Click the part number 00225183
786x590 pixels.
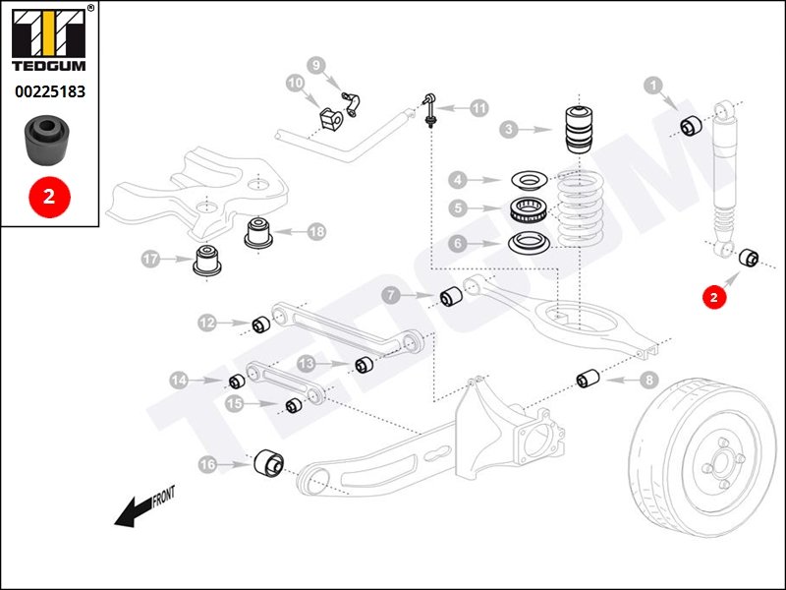tap(49, 91)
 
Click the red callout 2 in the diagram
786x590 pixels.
tap(714, 294)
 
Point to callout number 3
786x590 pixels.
tap(508, 129)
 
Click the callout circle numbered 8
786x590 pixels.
tap(648, 379)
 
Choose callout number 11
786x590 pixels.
tap(478, 108)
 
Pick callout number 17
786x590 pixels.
tap(150, 260)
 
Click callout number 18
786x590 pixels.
tap(315, 232)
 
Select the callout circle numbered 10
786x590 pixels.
tap(295, 84)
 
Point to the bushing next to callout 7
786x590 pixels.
tap(451, 295)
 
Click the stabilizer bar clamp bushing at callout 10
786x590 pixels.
tap(329, 116)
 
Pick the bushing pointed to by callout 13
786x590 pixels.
tap(365, 364)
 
